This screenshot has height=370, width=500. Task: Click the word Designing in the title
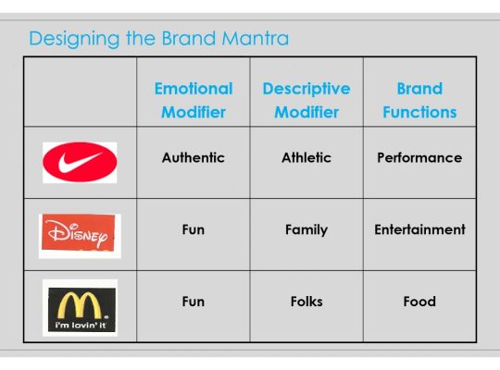click(x=69, y=39)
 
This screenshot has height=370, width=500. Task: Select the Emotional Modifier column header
click(x=193, y=100)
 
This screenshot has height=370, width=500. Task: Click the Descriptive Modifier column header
click(x=306, y=100)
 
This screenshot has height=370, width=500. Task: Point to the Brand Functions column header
click(x=419, y=100)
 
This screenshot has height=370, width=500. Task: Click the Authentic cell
click(x=193, y=157)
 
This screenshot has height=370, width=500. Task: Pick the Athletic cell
click(x=306, y=157)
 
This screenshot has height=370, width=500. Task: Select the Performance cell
click(x=419, y=157)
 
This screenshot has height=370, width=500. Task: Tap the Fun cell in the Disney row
click(x=193, y=229)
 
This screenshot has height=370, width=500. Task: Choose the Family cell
click(x=306, y=229)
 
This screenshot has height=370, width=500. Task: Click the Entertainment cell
click(x=419, y=229)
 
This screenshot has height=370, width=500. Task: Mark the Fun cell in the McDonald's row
click(x=193, y=302)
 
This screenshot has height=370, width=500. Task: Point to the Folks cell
click(x=306, y=302)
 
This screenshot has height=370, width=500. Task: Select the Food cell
click(x=419, y=302)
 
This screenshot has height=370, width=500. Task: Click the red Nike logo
click(x=80, y=163)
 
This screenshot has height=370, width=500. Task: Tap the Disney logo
click(x=80, y=235)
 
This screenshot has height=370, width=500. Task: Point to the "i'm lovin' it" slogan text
click(x=79, y=325)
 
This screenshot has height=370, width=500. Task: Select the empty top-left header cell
click(x=81, y=92)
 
